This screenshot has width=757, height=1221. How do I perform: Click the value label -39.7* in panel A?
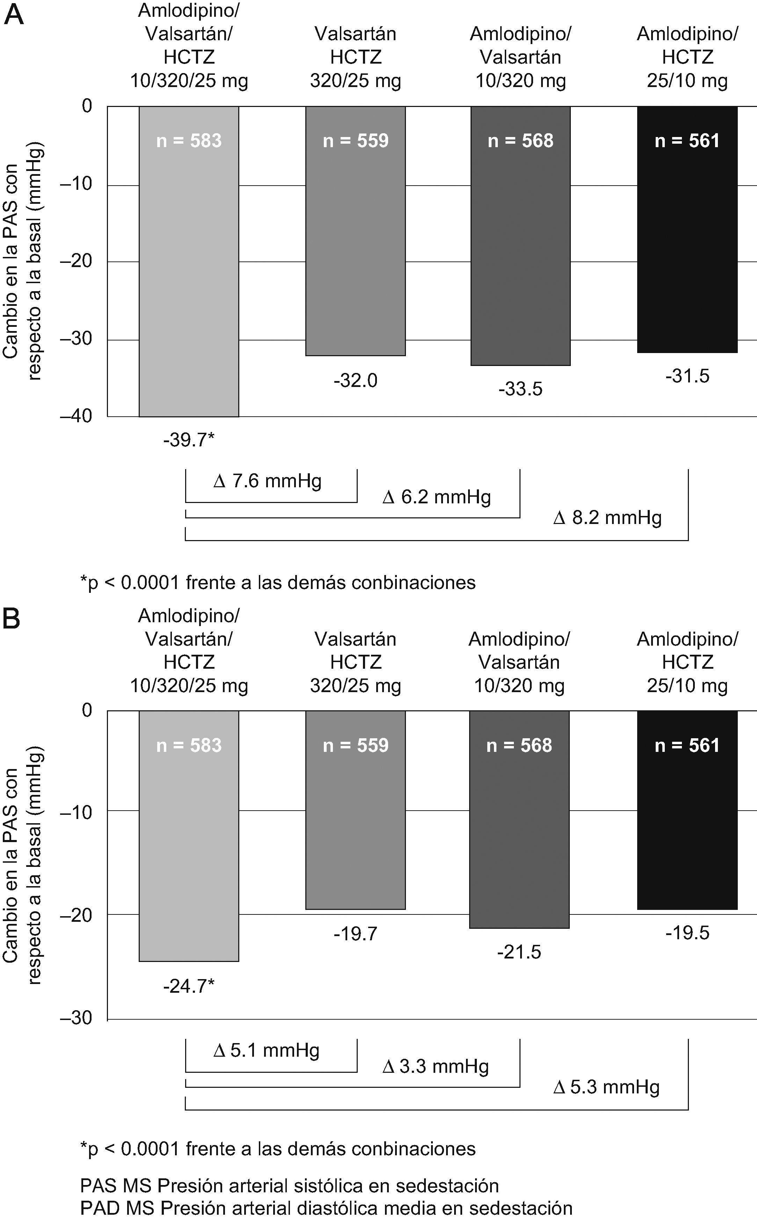pos(189,440)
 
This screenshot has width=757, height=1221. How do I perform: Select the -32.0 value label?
pos(356,381)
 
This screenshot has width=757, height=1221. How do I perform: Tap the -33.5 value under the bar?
pos(520,389)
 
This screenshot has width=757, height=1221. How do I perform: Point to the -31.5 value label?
pos(687,376)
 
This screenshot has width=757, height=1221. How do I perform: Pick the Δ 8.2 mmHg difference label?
pos(607,517)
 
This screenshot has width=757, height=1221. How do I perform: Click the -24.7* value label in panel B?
pos(189,986)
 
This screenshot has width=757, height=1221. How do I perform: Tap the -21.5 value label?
pos(519,952)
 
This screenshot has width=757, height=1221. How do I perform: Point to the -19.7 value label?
pos(356,934)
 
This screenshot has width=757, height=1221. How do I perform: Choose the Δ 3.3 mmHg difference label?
pos(436,1067)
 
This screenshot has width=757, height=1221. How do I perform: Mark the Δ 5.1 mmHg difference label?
pos(266,1050)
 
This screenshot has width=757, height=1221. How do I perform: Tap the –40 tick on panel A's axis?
pos(77,416)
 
